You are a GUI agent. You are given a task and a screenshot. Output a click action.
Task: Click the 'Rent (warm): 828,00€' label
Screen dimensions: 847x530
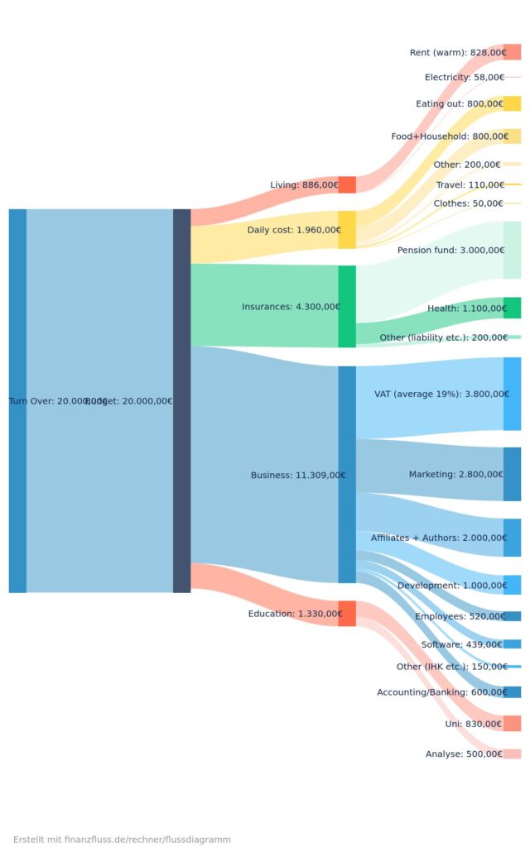click(457, 52)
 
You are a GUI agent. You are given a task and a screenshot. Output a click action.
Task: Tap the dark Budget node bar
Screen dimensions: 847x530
click(181, 400)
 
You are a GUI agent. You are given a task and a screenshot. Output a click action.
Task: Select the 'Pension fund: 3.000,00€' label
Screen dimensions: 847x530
click(451, 250)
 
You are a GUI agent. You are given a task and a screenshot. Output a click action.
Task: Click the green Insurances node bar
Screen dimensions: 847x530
click(347, 306)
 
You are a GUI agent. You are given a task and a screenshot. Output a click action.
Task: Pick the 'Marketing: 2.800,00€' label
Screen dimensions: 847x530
click(455, 474)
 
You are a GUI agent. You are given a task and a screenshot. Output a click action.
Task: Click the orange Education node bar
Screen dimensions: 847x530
click(347, 613)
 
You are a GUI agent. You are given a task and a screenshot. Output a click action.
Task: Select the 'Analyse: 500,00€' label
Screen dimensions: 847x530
click(464, 754)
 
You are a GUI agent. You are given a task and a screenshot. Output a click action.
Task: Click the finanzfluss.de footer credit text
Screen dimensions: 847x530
click(122, 816)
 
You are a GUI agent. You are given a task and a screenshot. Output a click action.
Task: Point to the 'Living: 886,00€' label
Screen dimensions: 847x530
click(305, 184)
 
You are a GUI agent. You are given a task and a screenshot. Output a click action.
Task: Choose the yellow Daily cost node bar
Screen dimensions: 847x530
click(347, 229)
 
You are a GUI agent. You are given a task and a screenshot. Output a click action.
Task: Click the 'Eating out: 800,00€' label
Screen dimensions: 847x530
click(460, 103)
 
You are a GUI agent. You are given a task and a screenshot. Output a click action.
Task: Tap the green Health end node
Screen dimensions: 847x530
click(512, 308)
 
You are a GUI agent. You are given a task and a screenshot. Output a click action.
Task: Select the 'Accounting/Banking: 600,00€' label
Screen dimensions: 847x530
click(441, 691)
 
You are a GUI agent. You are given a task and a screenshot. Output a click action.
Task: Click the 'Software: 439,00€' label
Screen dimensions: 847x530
click(462, 644)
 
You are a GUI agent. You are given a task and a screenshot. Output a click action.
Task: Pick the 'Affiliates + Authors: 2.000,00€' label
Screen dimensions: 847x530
click(437, 538)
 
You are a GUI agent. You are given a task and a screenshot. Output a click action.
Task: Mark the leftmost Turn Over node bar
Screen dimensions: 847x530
click(17, 400)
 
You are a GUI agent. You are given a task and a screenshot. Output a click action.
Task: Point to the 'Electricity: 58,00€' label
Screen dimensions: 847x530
click(465, 77)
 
